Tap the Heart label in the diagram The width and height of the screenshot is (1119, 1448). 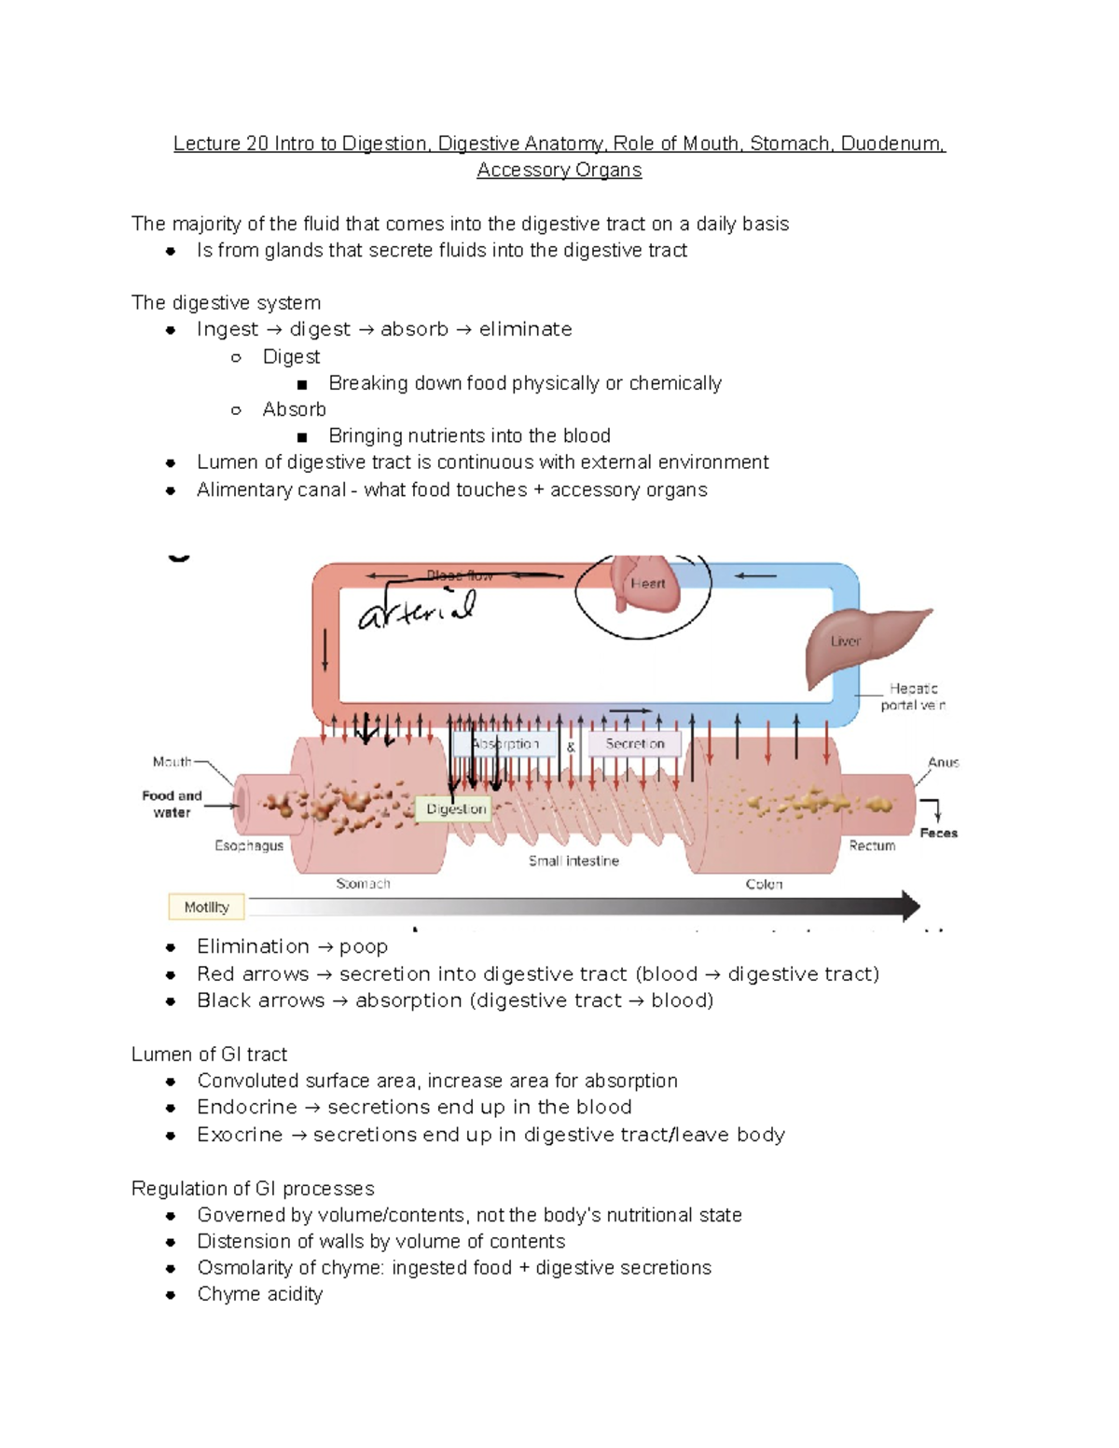point(647,584)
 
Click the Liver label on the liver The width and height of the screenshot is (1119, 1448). point(845,641)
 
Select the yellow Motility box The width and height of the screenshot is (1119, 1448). point(206,907)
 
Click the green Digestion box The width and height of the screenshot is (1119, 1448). point(456,809)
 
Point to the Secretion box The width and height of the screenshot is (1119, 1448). point(634,744)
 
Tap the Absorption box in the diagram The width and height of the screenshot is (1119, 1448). point(505,744)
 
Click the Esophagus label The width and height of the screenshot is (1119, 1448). point(249,846)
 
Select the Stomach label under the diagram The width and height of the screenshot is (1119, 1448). point(363,884)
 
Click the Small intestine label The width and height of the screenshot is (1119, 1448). point(573,862)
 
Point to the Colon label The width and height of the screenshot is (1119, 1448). point(764,884)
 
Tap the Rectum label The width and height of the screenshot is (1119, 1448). point(872,846)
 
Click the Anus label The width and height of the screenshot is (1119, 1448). point(943,763)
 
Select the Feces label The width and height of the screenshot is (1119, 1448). point(938,834)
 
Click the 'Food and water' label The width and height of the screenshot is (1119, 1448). point(172,804)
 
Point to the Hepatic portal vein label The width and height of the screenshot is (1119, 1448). point(913,696)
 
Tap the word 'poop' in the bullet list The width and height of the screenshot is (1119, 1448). point(364,947)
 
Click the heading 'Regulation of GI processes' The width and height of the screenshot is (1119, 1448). point(253,1189)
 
